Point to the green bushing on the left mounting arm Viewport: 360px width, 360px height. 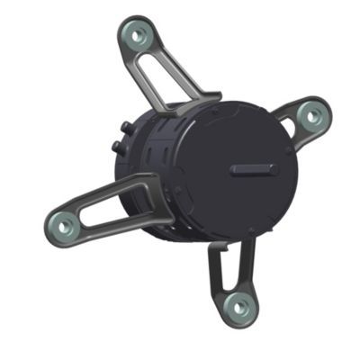coord(63,223)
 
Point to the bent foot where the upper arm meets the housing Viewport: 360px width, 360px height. coord(193,105)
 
